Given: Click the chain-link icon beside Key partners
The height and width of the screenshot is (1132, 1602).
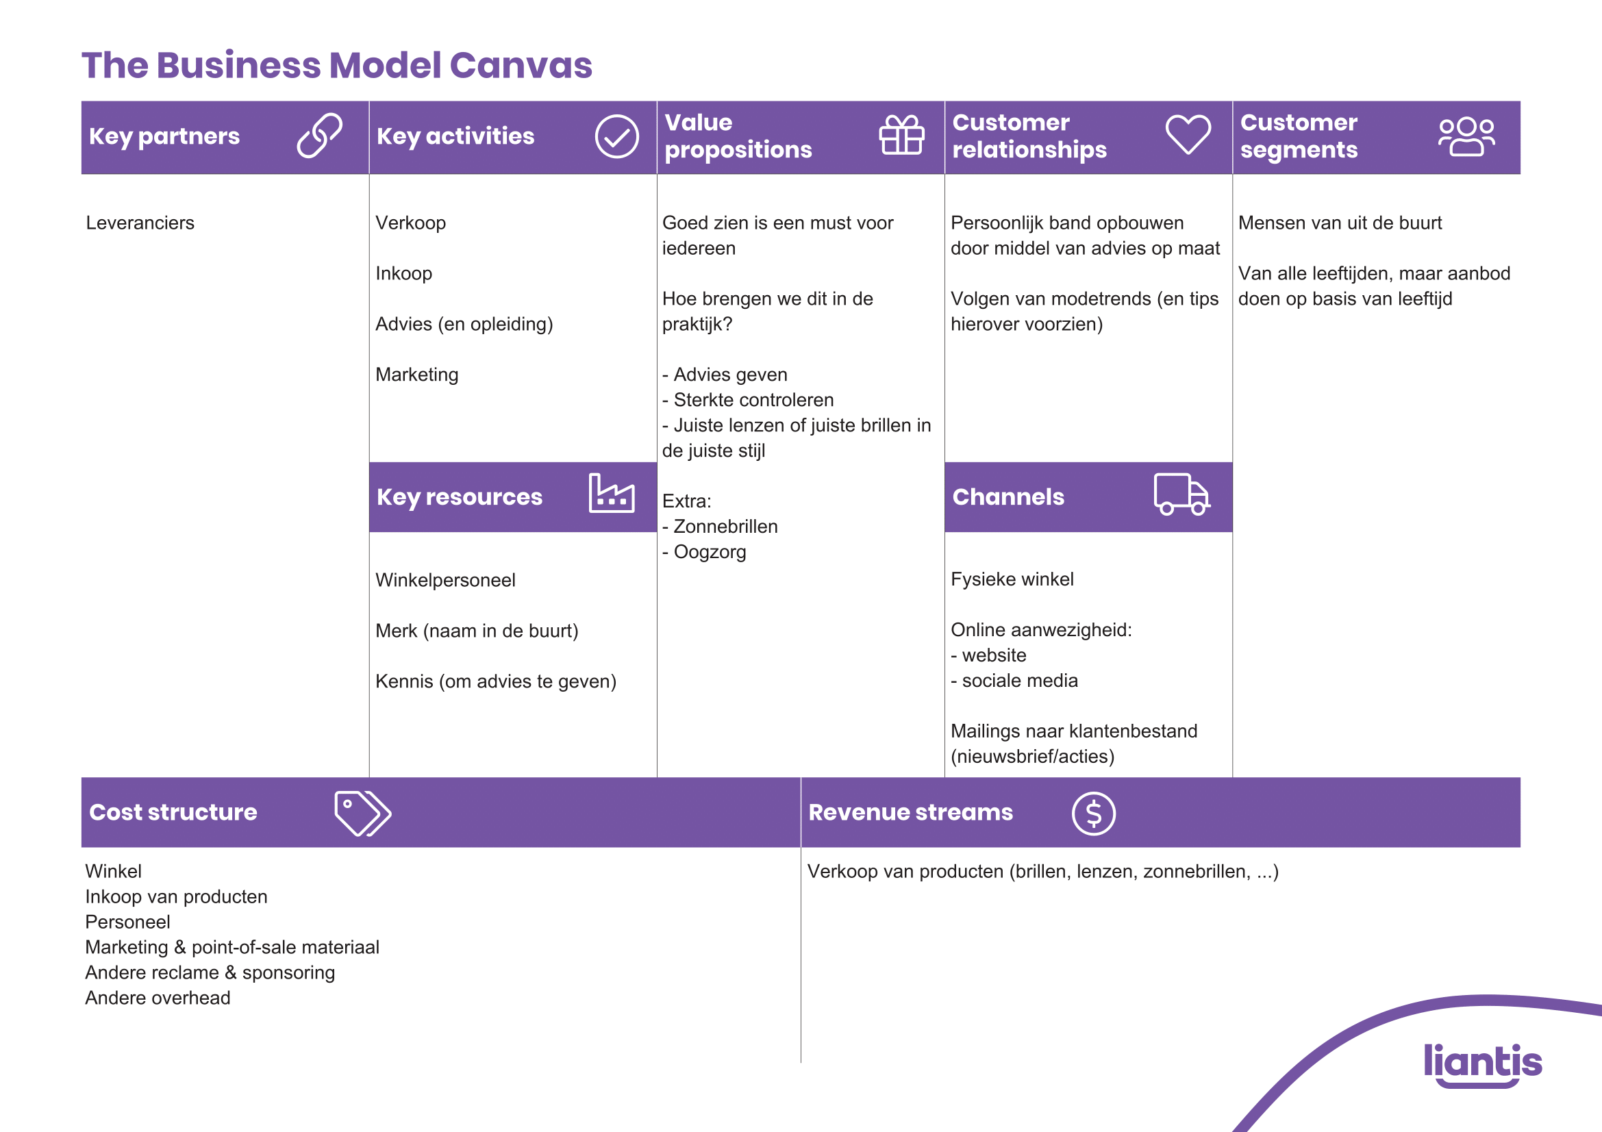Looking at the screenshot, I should pos(320,136).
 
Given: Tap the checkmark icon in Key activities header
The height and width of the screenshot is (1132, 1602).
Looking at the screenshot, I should pos(616,137).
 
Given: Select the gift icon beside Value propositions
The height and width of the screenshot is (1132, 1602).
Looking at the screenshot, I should pos(901,136).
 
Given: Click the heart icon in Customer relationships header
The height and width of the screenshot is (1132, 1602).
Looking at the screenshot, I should pos(1188,135).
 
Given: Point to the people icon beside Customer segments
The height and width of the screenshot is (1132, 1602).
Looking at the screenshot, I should pos(1466,137).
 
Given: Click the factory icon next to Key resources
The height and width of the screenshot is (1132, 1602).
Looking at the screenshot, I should pos(611,494).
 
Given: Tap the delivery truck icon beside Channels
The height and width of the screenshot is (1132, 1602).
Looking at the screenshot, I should pos(1181,494).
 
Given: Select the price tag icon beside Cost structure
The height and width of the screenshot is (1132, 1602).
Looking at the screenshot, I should pos(362,814).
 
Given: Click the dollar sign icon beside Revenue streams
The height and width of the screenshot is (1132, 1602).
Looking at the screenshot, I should pos(1093,814).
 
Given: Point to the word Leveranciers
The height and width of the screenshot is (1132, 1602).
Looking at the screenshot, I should pos(140,223).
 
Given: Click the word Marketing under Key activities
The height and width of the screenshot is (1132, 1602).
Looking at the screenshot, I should pos(416,375).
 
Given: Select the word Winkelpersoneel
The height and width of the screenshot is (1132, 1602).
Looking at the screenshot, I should pos(445,580).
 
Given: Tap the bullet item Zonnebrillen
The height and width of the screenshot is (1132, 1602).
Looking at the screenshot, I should pos(725,527).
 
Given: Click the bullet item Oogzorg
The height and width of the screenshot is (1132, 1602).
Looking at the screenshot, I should pos(710,553).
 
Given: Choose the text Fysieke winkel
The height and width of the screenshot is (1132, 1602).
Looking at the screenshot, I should pos(1012,579).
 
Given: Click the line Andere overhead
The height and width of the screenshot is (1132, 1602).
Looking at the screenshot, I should pos(158,998).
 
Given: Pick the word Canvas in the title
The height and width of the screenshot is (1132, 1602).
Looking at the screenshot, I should pos(521,66).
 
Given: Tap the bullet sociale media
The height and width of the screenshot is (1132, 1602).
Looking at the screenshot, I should pos(1019,681).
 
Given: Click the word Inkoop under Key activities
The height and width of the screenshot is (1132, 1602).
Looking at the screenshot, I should pos(403,273).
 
